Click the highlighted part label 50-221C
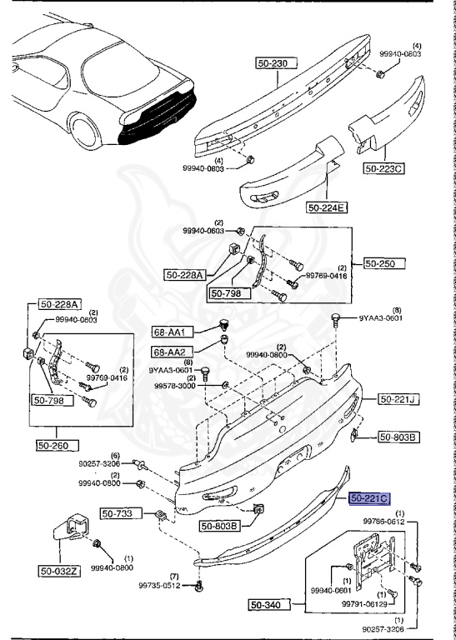[x=369, y=499]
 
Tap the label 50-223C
[x=383, y=168]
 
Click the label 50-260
[x=56, y=445]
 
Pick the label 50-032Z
[x=59, y=571]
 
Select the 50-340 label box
[x=269, y=603]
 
